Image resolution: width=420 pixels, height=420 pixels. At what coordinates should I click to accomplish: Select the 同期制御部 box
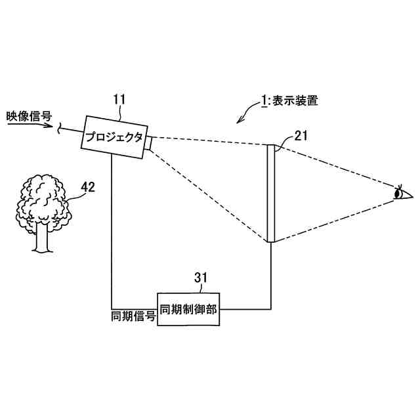pyautogui.click(x=188, y=308)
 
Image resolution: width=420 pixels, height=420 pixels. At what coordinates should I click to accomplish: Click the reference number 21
pyautogui.click(x=301, y=136)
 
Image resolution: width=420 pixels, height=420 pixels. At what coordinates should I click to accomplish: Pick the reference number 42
pyautogui.click(x=87, y=187)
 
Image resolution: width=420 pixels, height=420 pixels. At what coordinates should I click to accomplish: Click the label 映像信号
pyautogui.click(x=29, y=115)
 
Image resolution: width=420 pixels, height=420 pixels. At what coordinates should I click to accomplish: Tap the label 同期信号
pyautogui.click(x=134, y=316)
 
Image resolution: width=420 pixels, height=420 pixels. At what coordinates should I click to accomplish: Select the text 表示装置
pyautogui.click(x=294, y=101)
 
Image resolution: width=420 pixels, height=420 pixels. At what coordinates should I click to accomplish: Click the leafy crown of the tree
pyautogui.click(x=43, y=200)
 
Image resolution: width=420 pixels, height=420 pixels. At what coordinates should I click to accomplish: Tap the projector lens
pyautogui.click(x=150, y=142)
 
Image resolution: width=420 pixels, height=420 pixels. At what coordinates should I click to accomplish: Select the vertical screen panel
pyautogui.click(x=270, y=194)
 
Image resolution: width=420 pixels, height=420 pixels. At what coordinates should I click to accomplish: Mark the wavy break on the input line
pyautogui.click(x=60, y=129)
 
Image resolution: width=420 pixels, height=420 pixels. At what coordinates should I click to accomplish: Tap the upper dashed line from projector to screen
pyautogui.click(x=210, y=141)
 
